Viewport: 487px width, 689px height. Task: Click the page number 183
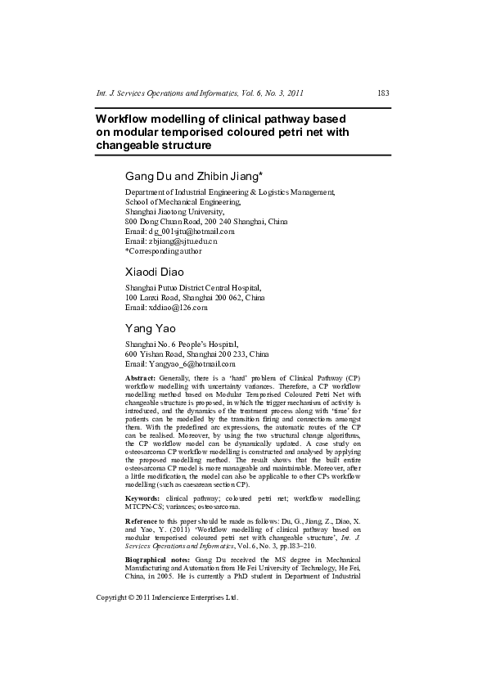382,94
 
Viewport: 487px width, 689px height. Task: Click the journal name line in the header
200,94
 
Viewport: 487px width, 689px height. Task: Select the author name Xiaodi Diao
154,272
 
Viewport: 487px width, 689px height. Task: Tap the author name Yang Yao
149,328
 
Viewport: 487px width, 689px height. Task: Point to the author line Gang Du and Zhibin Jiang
193,176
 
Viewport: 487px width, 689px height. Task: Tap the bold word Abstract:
140,378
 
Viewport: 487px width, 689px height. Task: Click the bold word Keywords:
142,498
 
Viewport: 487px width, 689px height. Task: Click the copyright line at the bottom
167,619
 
